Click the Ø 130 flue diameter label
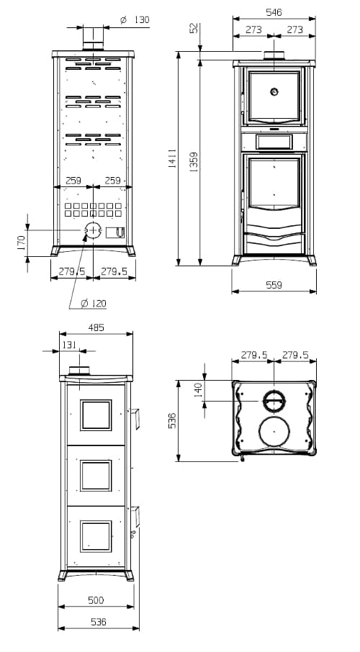pyautogui.click(x=135, y=19)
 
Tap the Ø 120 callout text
pyautogui.click(x=93, y=304)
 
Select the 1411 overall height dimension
pyautogui.click(x=171, y=158)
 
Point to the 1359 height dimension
pyautogui.click(x=194, y=162)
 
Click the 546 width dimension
pyautogui.click(x=274, y=12)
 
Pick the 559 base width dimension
pyautogui.click(x=274, y=285)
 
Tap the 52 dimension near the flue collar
pyautogui.click(x=194, y=29)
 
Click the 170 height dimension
pyautogui.click(x=21, y=243)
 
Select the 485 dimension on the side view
pyautogui.click(x=96, y=327)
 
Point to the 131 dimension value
pyautogui.click(x=69, y=345)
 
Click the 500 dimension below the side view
pyautogui.click(x=96, y=600)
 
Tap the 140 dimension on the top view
pyautogui.click(x=199, y=391)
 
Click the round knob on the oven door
pyautogui.click(x=274, y=91)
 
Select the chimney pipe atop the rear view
pyautogui.click(x=93, y=39)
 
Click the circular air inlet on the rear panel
pyautogui.click(x=93, y=230)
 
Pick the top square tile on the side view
pyautogui.click(x=96, y=415)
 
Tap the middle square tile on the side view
pyautogui.click(x=96, y=475)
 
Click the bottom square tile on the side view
pyautogui.click(x=96, y=536)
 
